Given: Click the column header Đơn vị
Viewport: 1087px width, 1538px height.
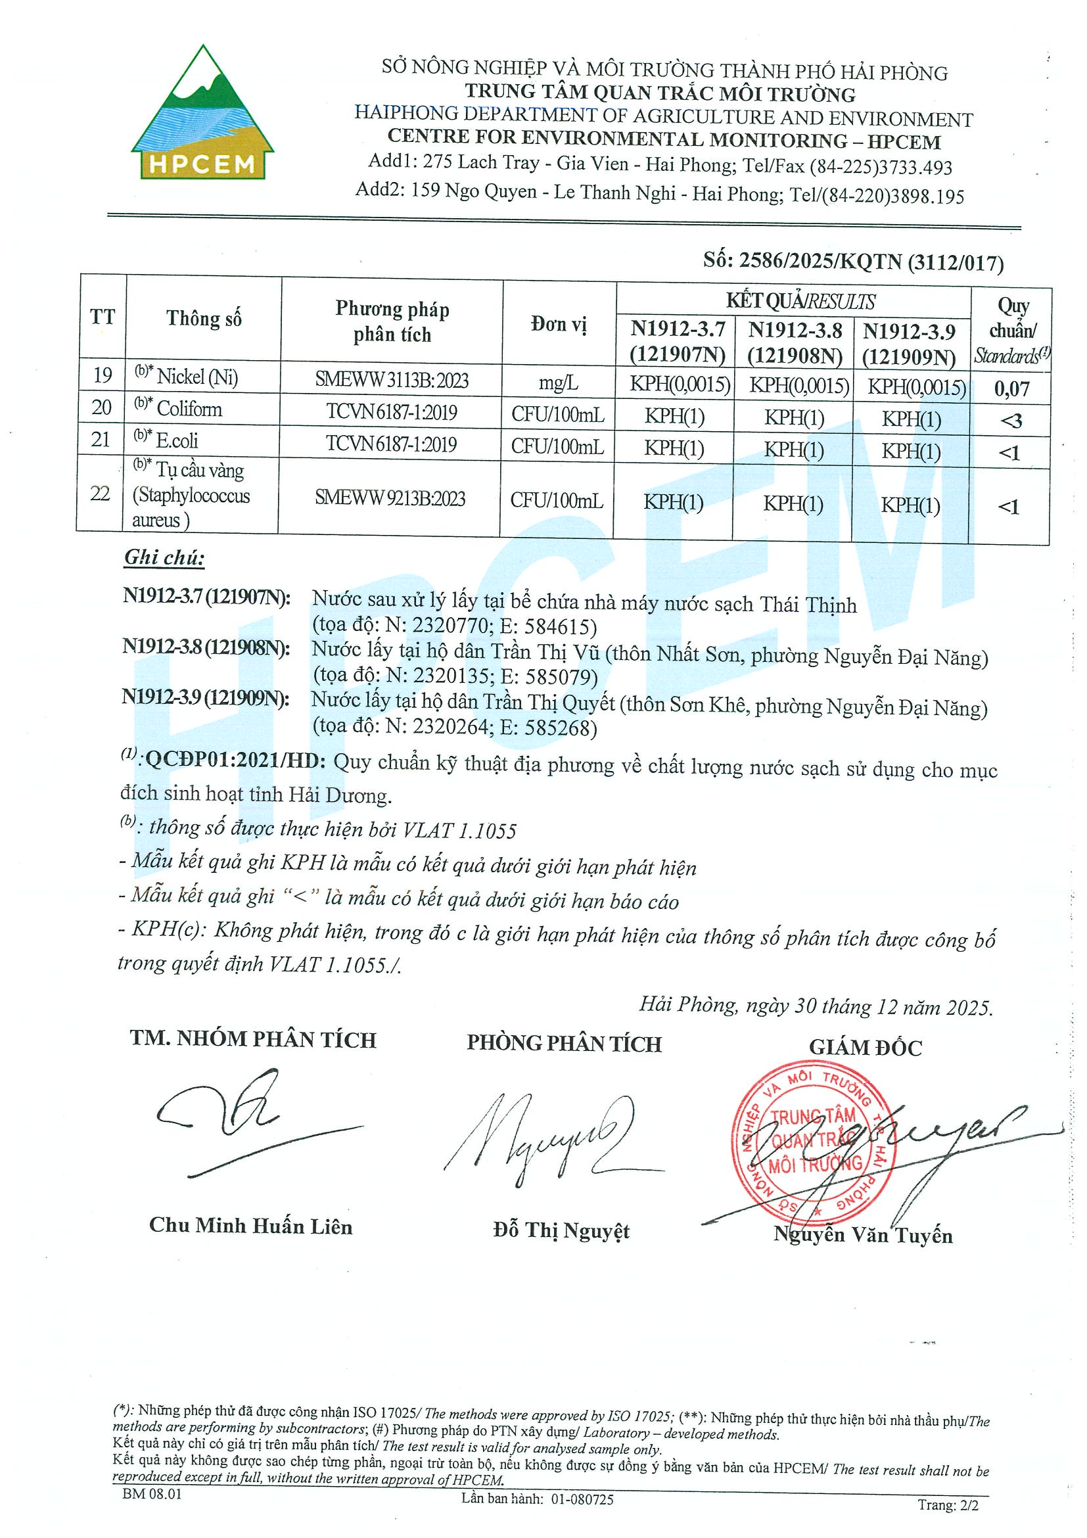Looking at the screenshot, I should pyautogui.click(x=559, y=325).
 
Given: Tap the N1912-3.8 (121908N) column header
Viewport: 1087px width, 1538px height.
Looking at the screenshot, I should pyautogui.click(x=795, y=342).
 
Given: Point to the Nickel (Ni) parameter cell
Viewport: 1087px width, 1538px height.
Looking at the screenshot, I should pyautogui.click(x=197, y=377).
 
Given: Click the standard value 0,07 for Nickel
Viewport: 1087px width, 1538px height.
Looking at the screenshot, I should pyautogui.click(x=1011, y=388).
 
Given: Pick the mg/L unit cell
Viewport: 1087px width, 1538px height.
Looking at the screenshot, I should pyautogui.click(x=559, y=383).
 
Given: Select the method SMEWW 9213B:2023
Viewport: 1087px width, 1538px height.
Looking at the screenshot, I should pyautogui.click(x=390, y=498).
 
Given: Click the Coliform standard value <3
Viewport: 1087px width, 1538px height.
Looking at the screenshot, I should pyautogui.click(x=1011, y=421).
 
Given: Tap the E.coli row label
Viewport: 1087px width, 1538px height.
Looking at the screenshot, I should pyautogui.click(x=177, y=440).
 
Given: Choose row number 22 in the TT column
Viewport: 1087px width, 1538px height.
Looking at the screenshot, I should pyautogui.click(x=101, y=494).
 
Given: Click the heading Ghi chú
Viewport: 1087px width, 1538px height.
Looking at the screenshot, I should pyautogui.click(x=164, y=557).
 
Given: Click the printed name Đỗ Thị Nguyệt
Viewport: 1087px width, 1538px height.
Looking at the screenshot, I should pyautogui.click(x=561, y=1230).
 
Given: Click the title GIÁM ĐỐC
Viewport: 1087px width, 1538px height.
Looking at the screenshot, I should pyautogui.click(x=866, y=1047).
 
